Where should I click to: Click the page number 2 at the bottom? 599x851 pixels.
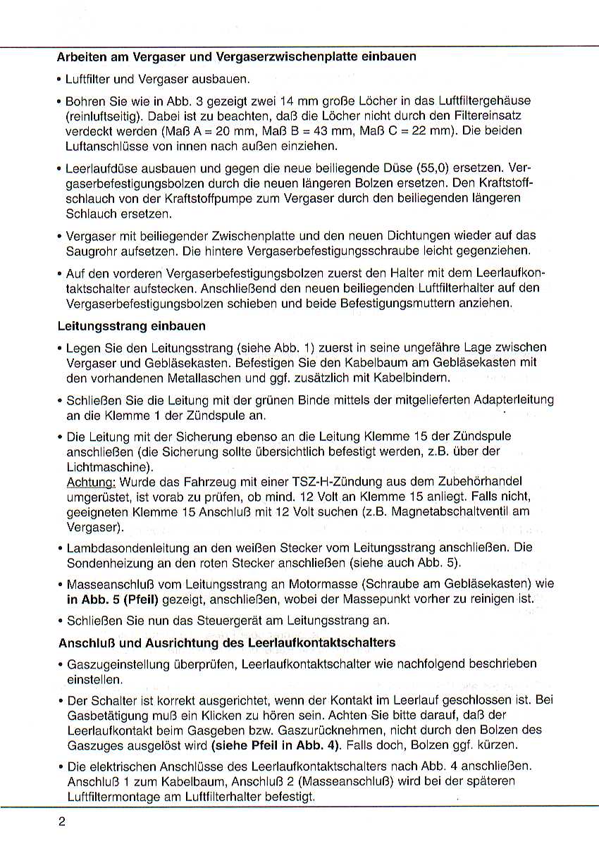coord(62,821)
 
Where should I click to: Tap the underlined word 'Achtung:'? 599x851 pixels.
coord(91,483)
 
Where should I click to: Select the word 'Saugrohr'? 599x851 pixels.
coord(89,250)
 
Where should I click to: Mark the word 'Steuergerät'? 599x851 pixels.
coord(230,621)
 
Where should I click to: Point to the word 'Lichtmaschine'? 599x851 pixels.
coord(104,468)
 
